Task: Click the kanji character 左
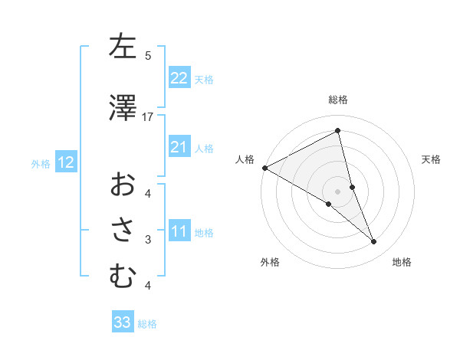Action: click(x=123, y=47)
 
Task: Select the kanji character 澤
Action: click(x=123, y=108)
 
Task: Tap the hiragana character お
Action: click(x=123, y=185)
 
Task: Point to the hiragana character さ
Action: click(x=123, y=231)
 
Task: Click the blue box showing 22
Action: click(x=179, y=78)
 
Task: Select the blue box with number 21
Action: click(x=179, y=147)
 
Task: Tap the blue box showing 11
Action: click(x=179, y=231)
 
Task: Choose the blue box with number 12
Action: click(x=65, y=162)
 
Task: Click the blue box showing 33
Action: click(x=123, y=322)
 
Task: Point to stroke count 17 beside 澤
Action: click(x=148, y=116)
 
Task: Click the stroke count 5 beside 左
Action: click(x=148, y=55)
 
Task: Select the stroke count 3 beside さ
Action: click(x=148, y=240)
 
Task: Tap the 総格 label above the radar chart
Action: click(x=338, y=100)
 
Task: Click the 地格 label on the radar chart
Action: click(x=402, y=262)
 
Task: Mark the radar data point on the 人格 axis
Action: click(x=264, y=168)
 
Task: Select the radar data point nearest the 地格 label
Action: click(x=374, y=242)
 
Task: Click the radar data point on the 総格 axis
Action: click(x=338, y=131)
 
